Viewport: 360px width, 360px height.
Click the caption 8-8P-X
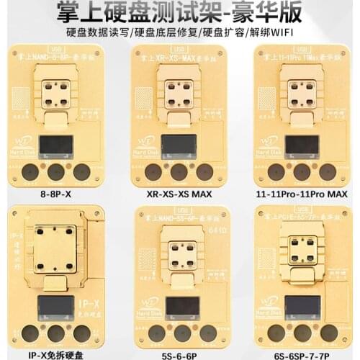(57, 194)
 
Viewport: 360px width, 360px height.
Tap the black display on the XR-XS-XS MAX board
(179, 145)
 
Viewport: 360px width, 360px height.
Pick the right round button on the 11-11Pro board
(328, 172)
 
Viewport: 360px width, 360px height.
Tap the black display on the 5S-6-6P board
(177, 307)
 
